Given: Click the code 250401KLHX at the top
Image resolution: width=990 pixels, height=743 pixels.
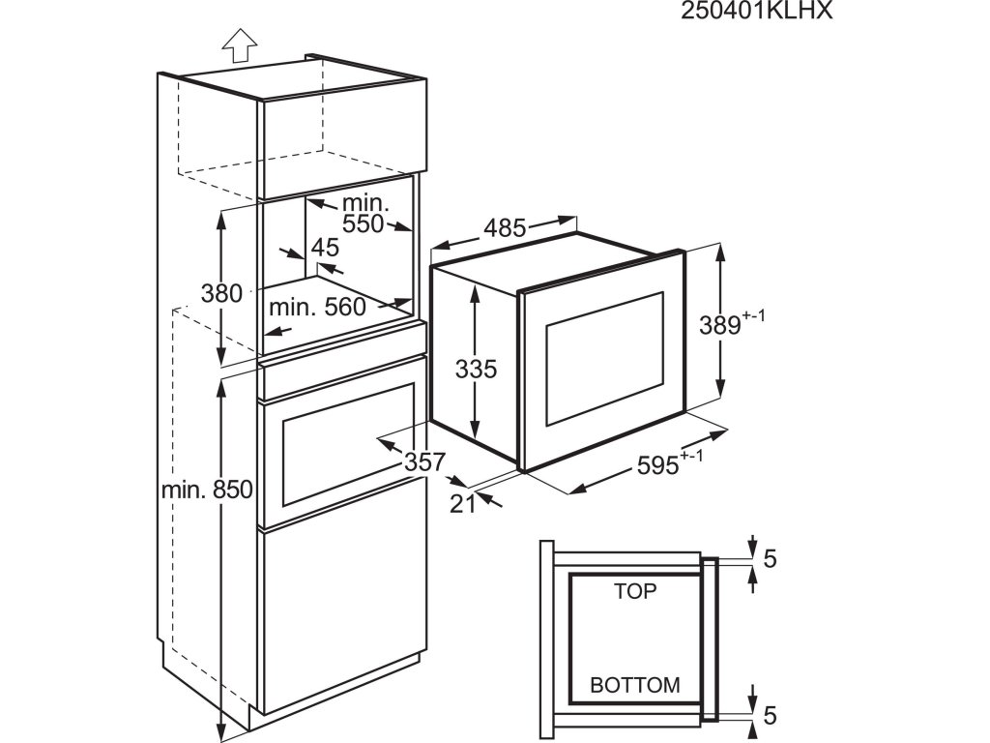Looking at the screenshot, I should tap(757, 12).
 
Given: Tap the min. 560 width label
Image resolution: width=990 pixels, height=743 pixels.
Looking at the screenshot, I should tap(317, 308).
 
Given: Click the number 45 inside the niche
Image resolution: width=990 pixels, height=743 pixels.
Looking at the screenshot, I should tap(325, 248).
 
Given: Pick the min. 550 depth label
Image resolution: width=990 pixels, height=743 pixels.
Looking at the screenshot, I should tap(364, 215).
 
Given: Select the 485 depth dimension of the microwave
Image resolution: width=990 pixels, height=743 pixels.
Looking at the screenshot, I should tap(504, 228).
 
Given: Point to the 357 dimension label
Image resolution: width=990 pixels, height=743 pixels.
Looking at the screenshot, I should tap(423, 462).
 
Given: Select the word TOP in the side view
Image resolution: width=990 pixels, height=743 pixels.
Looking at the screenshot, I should tap(635, 591).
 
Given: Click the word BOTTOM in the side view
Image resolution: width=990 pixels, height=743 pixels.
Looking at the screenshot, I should tap(635, 685).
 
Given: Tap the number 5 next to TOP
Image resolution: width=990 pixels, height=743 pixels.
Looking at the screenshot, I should tap(771, 559).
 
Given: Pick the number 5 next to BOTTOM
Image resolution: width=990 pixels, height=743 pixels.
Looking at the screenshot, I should tap(771, 715).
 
